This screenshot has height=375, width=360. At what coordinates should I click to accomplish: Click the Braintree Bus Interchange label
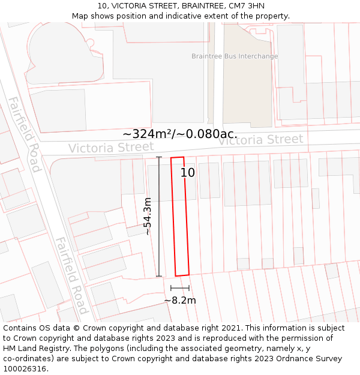(x=235, y=56)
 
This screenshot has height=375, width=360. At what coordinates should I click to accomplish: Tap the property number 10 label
(x=188, y=173)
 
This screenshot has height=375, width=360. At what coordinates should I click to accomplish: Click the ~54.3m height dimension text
(x=147, y=216)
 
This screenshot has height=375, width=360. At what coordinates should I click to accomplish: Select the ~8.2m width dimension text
(x=180, y=300)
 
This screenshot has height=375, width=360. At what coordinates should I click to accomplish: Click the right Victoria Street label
(x=260, y=140)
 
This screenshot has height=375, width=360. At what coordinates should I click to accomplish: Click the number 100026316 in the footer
(x=24, y=369)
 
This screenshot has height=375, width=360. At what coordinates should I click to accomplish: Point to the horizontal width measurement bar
(x=180, y=289)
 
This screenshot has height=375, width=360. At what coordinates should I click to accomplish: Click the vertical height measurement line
(x=159, y=216)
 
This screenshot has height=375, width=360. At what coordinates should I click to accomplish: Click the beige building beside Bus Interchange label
(x=246, y=90)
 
